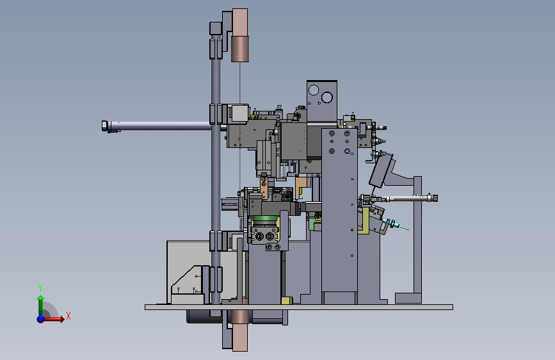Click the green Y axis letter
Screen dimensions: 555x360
(40, 288)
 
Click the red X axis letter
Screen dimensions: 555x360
(68, 316)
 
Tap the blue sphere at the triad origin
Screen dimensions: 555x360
(41, 319)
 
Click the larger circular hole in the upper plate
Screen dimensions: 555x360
(326, 97)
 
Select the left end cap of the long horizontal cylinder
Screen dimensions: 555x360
(104, 126)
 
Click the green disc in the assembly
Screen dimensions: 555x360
(264, 218)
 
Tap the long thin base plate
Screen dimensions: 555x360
(299, 307)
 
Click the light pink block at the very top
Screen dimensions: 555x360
(240, 22)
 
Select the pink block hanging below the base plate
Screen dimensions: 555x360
(240, 331)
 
